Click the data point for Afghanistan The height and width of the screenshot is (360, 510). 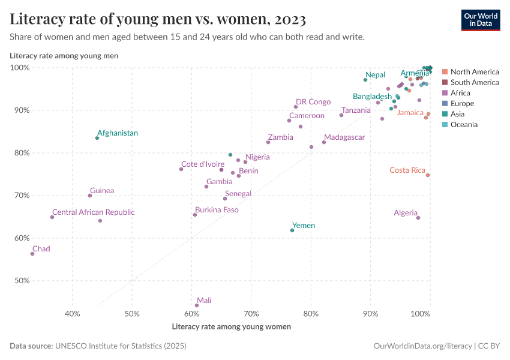(97, 138)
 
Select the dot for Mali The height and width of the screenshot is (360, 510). (197, 305)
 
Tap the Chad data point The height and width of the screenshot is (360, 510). (32, 254)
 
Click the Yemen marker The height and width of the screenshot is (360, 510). (292, 230)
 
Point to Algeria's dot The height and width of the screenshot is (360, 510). (418, 218)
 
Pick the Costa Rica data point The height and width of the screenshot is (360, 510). (428, 175)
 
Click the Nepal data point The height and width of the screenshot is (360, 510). (365, 80)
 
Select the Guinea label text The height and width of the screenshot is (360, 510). (102, 191)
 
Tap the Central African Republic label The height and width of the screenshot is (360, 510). (93, 212)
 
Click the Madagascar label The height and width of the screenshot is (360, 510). (344, 137)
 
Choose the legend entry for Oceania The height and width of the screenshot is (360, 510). (464, 125)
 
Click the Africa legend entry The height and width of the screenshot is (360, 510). (460, 93)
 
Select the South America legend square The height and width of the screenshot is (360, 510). (445, 82)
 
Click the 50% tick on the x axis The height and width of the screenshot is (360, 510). (132, 314)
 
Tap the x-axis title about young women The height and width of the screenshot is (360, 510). (231, 327)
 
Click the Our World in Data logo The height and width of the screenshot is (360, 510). (481, 20)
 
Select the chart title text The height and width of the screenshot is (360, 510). (158, 20)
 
